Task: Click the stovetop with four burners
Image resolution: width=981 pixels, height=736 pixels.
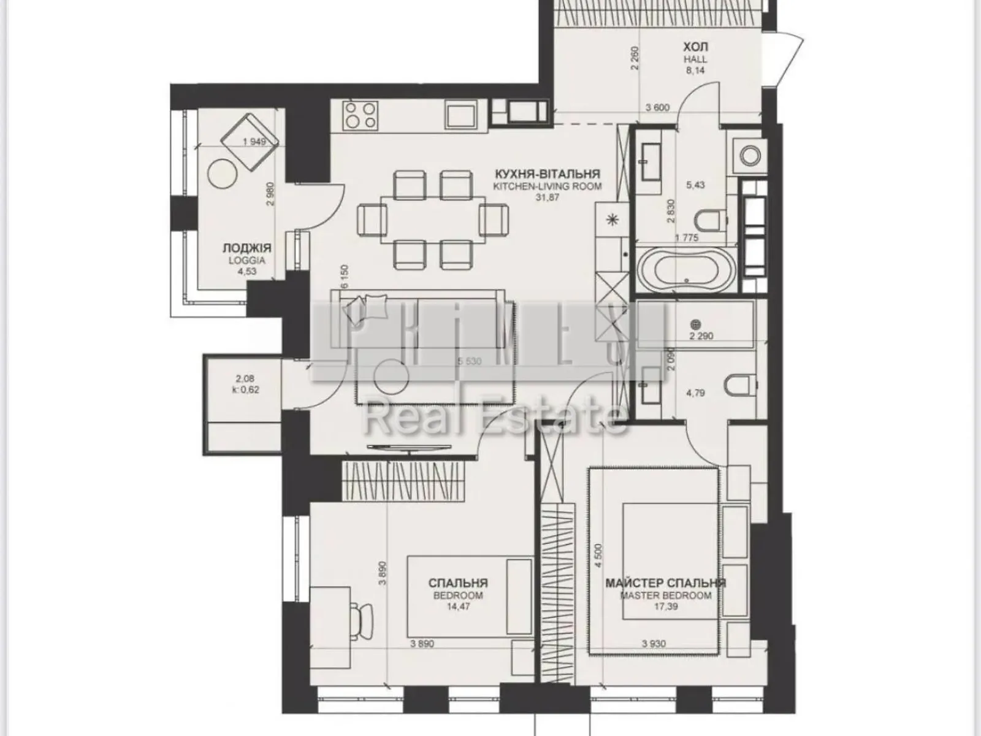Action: point(360,115)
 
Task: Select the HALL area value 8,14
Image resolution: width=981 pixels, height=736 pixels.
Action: point(695,71)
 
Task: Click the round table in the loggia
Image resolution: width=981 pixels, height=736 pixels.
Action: point(223,174)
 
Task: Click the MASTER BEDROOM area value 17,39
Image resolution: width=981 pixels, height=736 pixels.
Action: point(666,607)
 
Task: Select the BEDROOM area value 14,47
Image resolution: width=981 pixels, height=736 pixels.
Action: point(459,607)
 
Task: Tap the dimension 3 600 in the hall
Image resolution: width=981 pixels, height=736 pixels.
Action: point(657,108)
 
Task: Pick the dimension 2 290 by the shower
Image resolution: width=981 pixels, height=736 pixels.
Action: point(701,336)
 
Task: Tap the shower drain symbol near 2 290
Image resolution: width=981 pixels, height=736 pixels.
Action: point(695,323)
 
